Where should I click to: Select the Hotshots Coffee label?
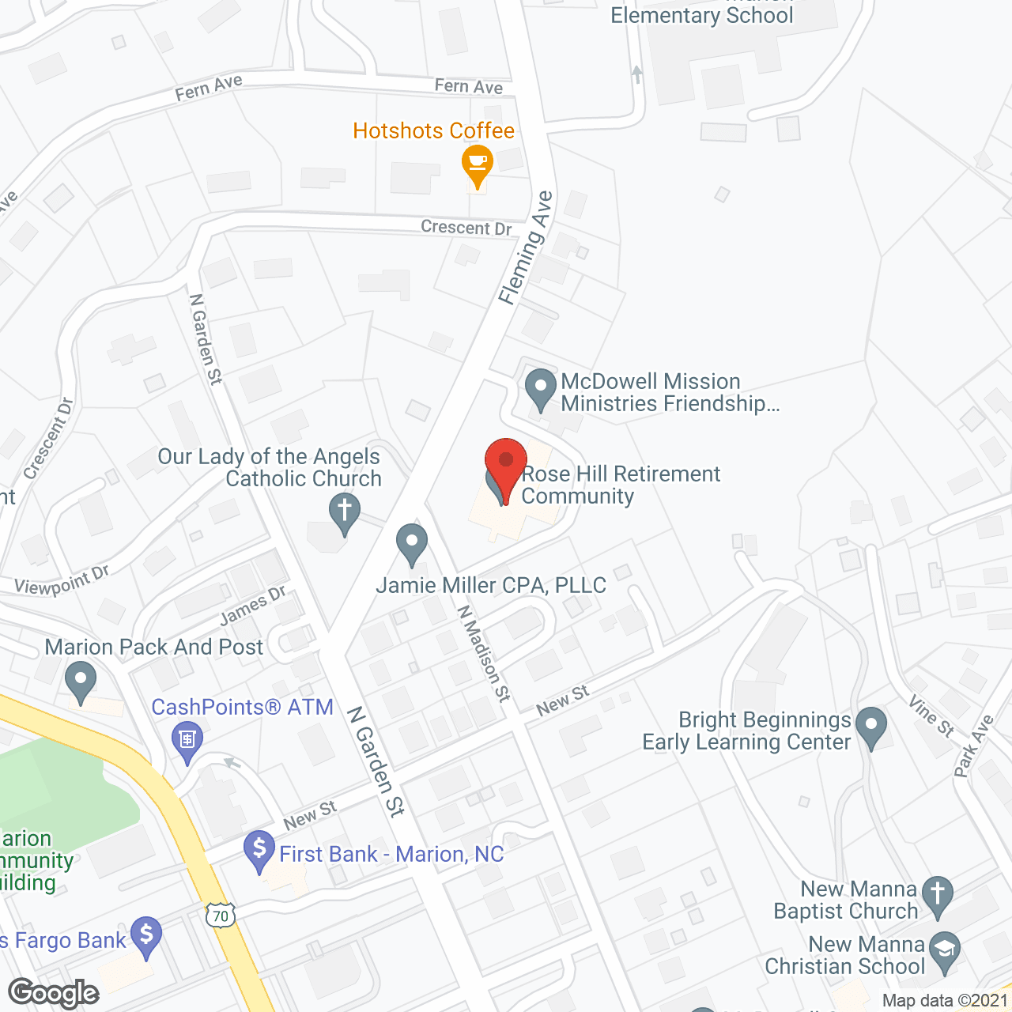(433, 130)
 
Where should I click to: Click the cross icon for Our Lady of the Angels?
(345, 511)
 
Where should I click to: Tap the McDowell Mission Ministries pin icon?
(541, 388)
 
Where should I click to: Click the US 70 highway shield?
(221, 916)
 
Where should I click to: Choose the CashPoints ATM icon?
(187, 740)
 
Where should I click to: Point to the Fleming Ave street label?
(526, 247)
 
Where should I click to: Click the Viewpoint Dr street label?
(62, 581)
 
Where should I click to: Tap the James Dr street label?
(253, 605)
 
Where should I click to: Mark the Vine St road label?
(931, 716)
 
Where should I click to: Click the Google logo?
(54, 993)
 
